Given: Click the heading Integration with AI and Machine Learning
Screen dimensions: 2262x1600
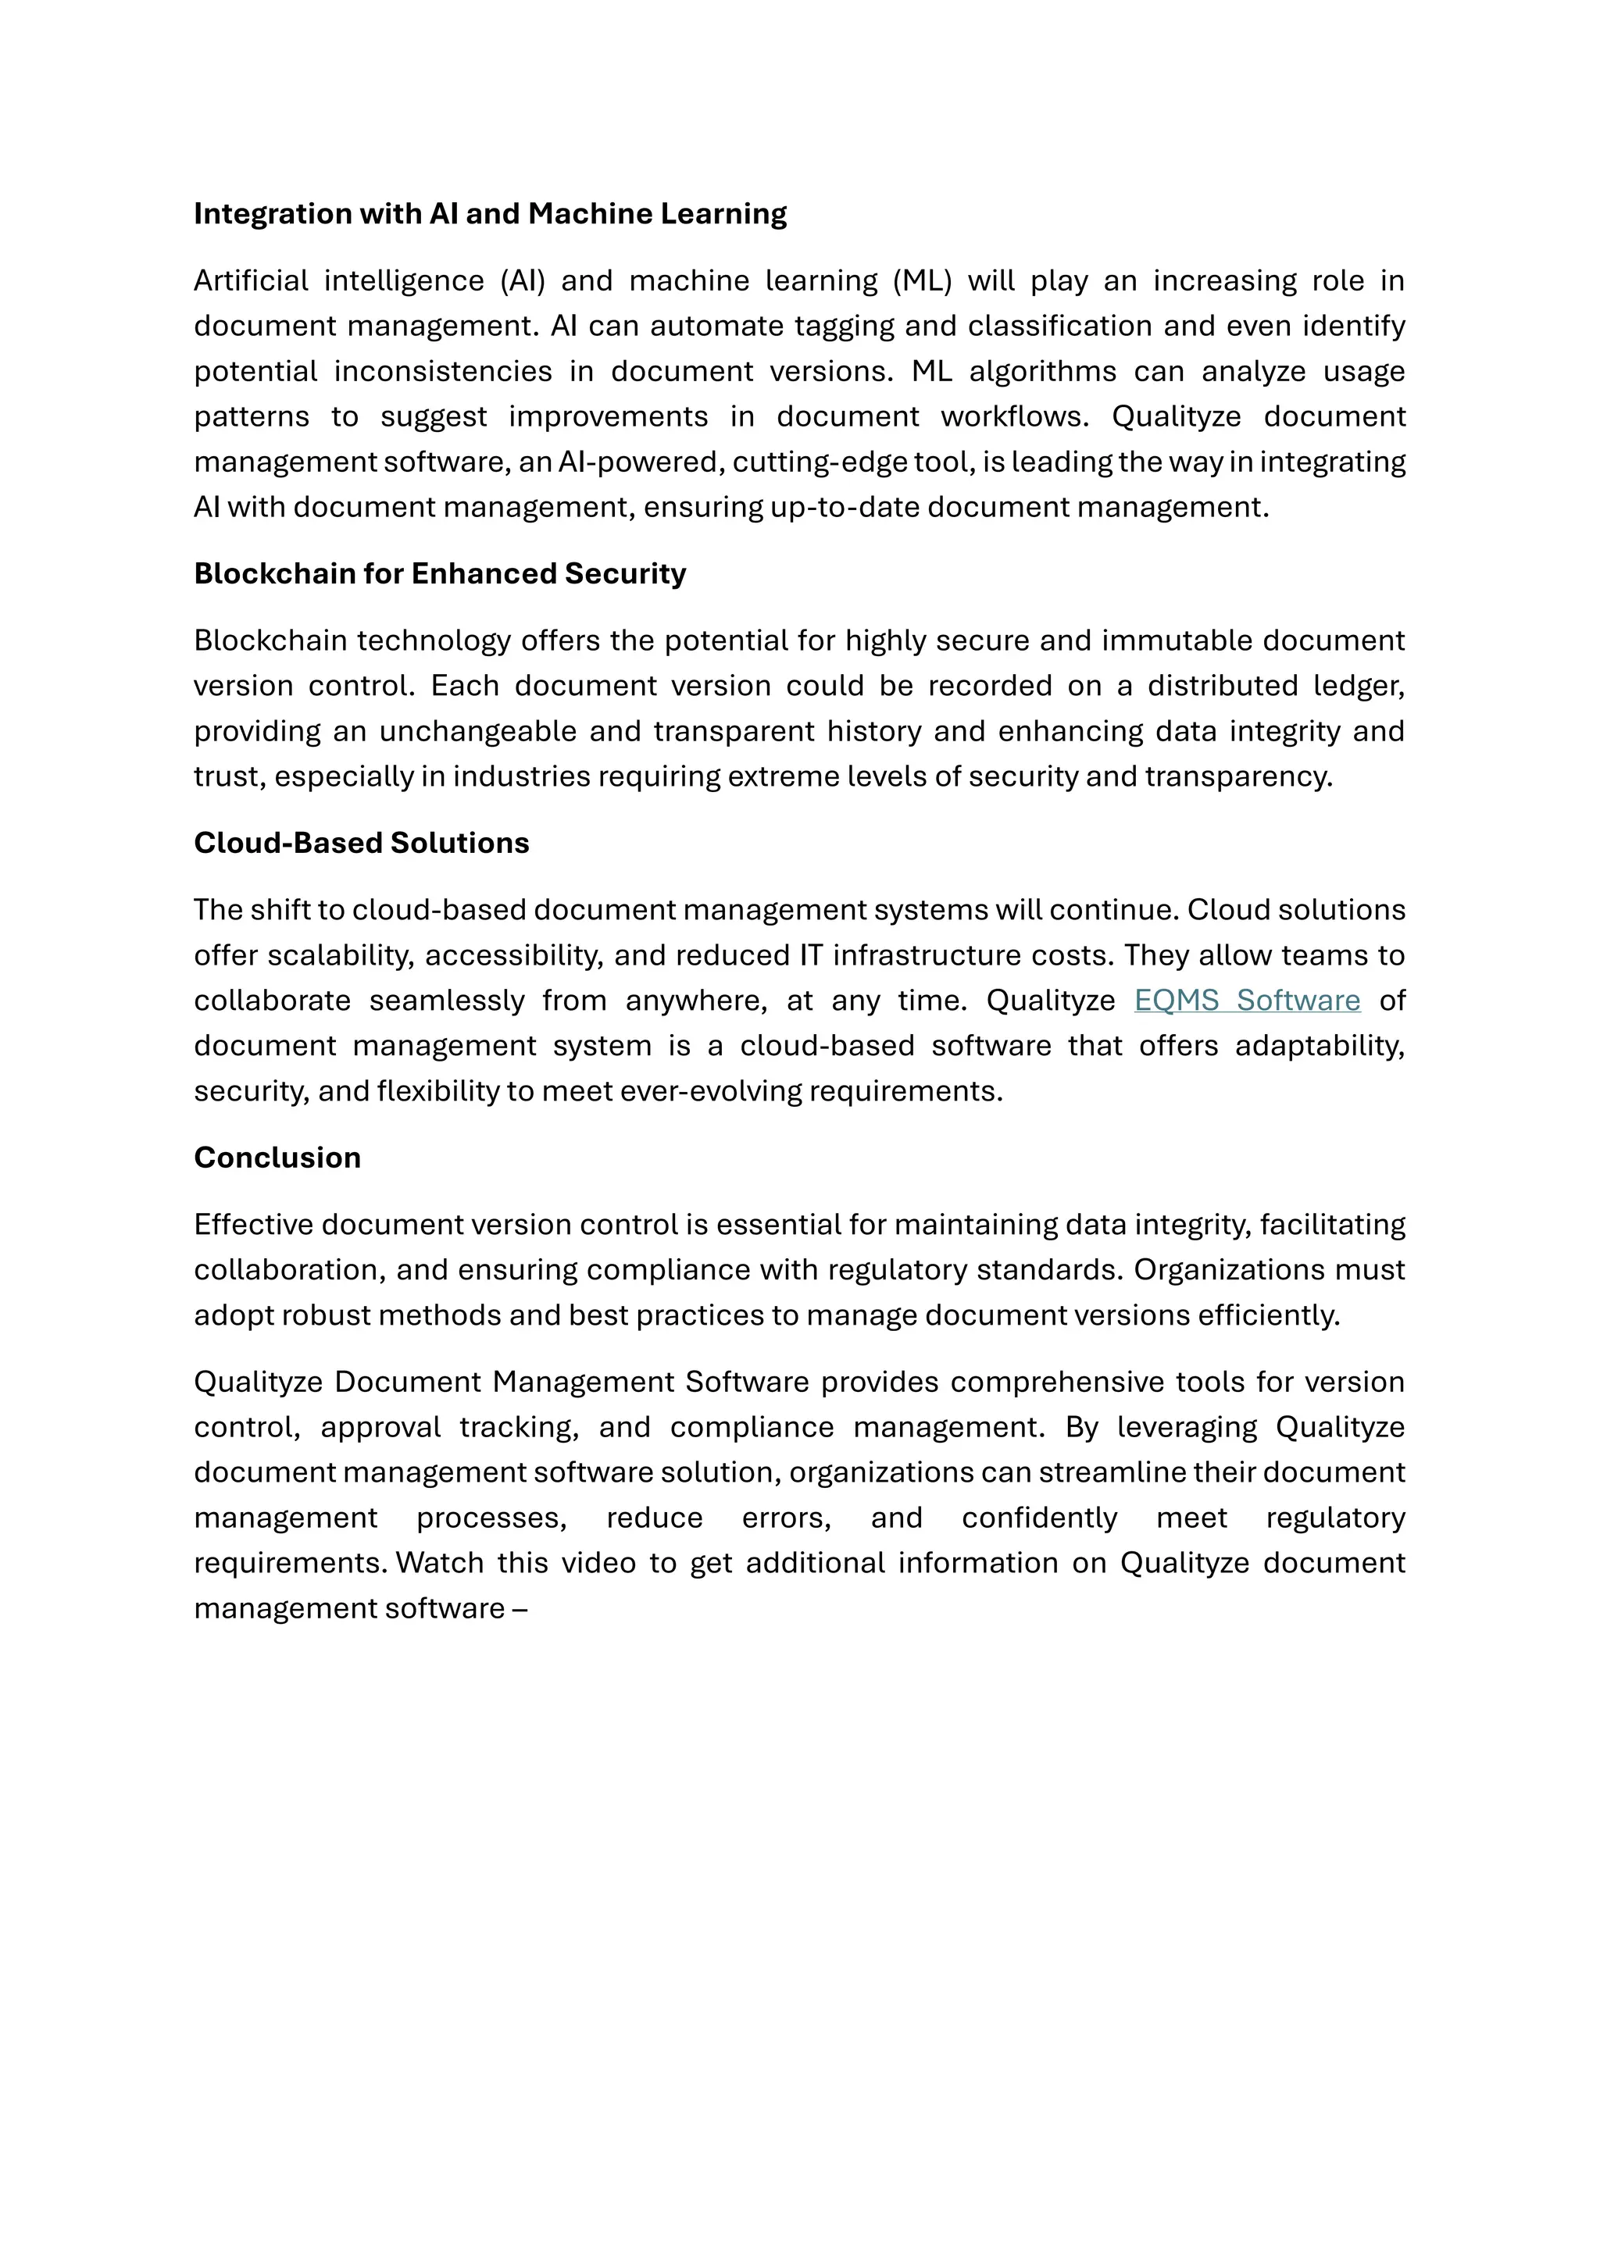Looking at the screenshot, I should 490,214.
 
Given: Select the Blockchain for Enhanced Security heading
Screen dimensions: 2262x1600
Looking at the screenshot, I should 439,573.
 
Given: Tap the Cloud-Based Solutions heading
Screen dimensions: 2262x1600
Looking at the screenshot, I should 361,842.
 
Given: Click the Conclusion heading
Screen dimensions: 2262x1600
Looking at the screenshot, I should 277,1157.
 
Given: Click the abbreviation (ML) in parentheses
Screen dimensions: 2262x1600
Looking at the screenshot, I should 922,280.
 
